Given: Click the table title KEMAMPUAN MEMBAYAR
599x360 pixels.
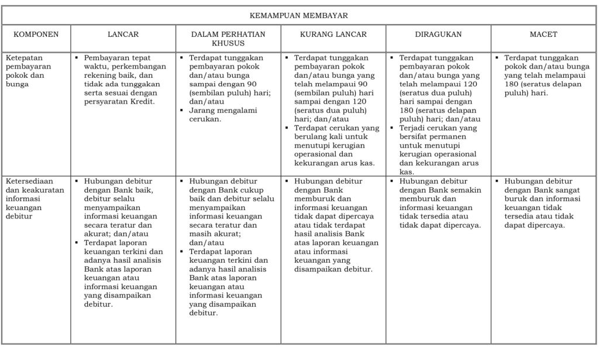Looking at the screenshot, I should [299, 16].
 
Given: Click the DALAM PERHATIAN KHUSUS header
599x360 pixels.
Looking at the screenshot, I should [228, 39].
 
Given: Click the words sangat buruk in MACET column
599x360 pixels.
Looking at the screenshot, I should [548, 194].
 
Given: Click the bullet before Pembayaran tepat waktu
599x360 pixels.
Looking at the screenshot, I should [77, 58].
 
